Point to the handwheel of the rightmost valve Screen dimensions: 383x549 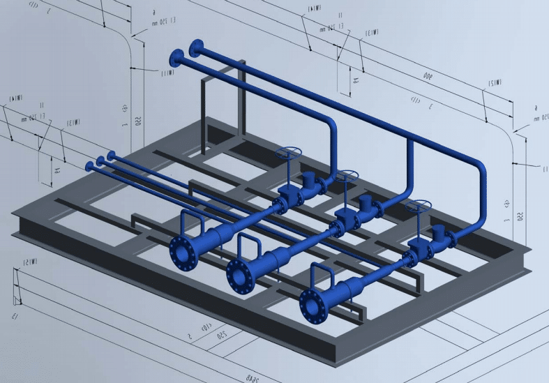point(419,206)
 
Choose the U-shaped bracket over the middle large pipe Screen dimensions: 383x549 point(248,243)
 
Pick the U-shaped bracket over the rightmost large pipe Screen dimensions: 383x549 point(322,273)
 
